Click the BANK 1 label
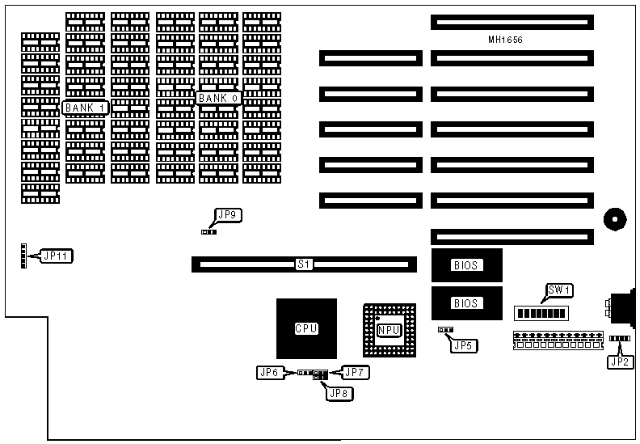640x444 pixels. [x=85, y=108]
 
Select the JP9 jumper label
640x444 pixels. [x=227, y=215]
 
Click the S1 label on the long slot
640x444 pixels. [x=304, y=264]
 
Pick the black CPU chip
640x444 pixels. [x=306, y=328]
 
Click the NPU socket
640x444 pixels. [x=389, y=330]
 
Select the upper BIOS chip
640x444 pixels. [x=466, y=264]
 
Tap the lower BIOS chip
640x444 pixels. [x=466, y=303]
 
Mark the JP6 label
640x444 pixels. [x=269, y=372]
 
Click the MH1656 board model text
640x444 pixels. [x=511, y=39]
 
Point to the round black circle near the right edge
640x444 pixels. [x=614, y=218]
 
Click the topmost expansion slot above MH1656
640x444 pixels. [x=512, y=22]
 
